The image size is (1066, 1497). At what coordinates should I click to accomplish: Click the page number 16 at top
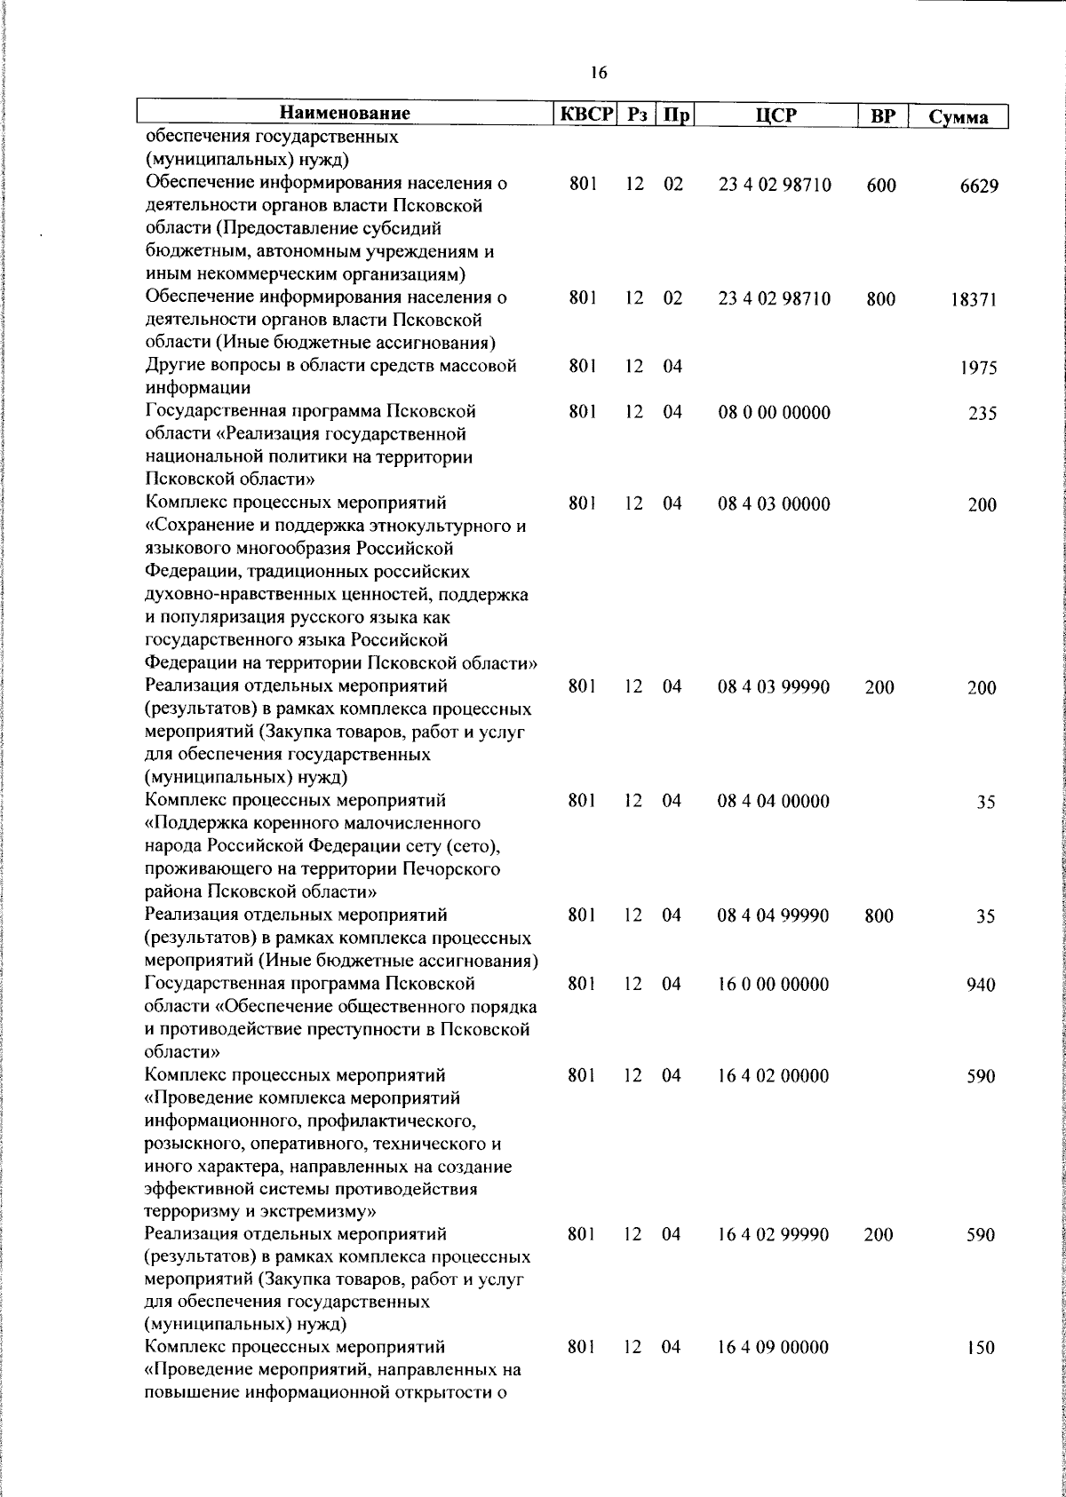click(598, 73)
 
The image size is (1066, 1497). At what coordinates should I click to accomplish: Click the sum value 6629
click(977, 186)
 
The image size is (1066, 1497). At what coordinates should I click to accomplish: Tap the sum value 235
click(982, 414)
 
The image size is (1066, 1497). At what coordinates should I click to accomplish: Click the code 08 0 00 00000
click(774, 413)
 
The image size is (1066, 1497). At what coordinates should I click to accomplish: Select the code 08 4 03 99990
click(774, 687)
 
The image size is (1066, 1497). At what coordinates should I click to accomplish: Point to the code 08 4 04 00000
click(774, 801)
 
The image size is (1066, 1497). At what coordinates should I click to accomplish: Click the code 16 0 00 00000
click(774, 984)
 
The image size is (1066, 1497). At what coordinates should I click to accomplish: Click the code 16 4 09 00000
click(774, 1372)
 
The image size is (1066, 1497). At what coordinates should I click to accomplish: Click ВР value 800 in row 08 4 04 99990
click(879, 916)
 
